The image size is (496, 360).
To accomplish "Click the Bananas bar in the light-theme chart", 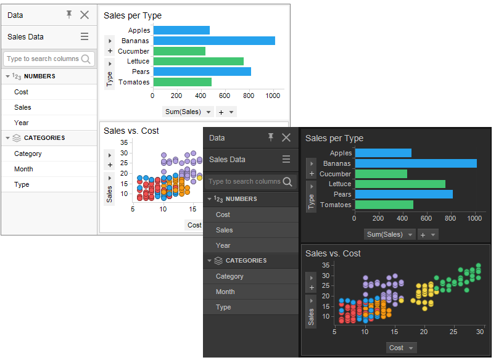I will pos(213,41).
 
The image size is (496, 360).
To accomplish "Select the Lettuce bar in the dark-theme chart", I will pos(400,184).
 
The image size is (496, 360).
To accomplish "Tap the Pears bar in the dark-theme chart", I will pos(403,194).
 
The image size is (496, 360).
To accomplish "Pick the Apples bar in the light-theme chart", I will pos(181,30).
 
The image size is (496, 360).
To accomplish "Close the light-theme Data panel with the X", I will pos(85,15).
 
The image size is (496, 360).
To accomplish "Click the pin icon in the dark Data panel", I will pos(271,137).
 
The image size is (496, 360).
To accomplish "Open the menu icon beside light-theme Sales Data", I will pos(85,36).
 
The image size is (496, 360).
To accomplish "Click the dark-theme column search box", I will pos(245,182).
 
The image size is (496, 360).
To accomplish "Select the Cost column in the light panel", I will pos(22,92).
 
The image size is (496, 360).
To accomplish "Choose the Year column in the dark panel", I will pos(223,245).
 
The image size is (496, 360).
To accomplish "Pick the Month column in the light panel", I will pos(23,169).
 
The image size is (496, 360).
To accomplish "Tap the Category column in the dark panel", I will pos(229,276).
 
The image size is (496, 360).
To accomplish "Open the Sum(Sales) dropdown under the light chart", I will pos(188,112).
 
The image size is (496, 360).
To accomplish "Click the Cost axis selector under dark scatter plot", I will pos(402,348).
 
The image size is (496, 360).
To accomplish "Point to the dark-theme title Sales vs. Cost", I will pos(333,253).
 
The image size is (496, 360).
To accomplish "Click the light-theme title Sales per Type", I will pos(133,15).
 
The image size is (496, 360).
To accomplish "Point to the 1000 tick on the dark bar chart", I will pos(475,218).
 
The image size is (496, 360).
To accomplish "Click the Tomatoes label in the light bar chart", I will pos(134,82).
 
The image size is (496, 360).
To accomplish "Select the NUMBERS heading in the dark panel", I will pos(241,199).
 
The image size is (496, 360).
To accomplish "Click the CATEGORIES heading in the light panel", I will pos(44,138).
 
